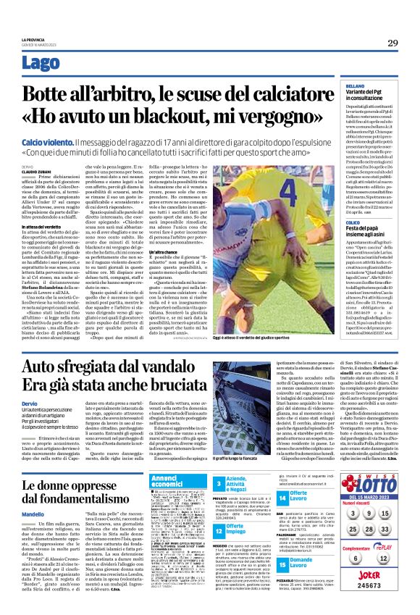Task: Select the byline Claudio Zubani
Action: coord(34,171)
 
